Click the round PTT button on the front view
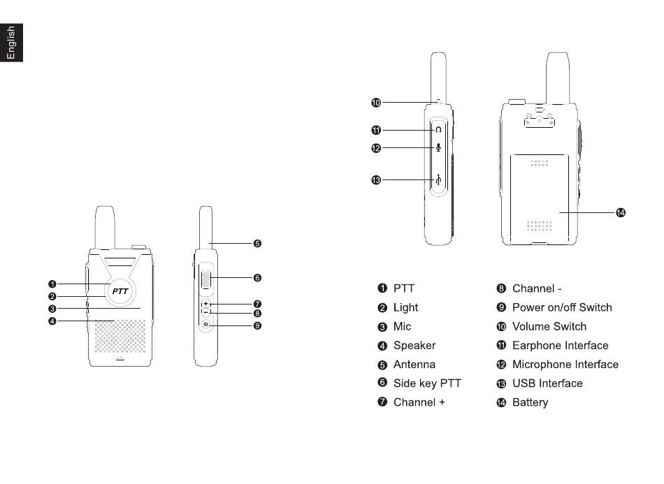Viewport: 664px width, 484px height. click(120, 292)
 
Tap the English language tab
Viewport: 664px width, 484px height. click(11, 43)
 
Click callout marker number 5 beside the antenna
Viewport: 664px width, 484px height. click(257, 244)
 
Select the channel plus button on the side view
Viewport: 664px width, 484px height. click(205, 305)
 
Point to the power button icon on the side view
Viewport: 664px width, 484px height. click(205, 325)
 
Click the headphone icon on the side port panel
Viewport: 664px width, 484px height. click(438, 130)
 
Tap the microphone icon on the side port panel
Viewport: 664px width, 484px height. click(438, 147)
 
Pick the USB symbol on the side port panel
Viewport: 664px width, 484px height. click(438, 180)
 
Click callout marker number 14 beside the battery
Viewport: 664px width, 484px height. click(620, 212)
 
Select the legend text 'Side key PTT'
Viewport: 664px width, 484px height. click(427, 383)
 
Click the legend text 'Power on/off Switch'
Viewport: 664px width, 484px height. click(561, 307)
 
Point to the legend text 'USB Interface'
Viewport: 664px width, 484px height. click(547, 383)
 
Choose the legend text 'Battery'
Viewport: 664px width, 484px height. click(530, 402)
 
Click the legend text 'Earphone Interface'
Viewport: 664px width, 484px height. click(560, 346)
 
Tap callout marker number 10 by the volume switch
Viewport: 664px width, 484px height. click(376, 103)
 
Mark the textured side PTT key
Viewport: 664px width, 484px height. click(205, 279)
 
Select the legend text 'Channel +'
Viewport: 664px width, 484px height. click(419, 402)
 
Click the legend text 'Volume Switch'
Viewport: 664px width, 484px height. click(549, 326)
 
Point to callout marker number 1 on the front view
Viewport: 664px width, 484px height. click(52, 284)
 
